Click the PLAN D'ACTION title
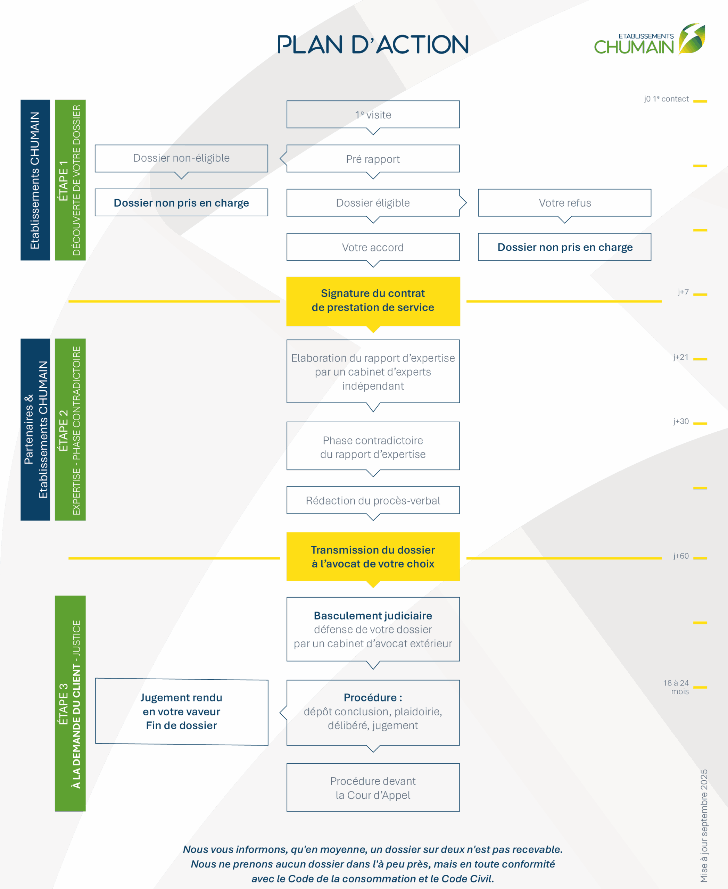coord(372,44)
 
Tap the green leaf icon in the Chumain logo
coord(692,39)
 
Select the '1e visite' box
coord(373,115)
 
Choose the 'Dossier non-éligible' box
coord(181,158)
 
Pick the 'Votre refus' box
coord(564,202)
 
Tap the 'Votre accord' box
coord(373,247)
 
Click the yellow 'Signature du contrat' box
coord(373,301)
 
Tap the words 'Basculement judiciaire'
coord(373,616)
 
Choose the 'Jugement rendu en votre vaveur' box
coord(182,712)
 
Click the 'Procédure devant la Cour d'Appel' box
coord(373,788)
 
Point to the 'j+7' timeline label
coord(683,292)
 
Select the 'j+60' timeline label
coord(681,556)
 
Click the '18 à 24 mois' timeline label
coord(676,687)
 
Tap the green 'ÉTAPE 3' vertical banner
coord(71,704)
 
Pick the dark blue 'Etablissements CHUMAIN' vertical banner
coord(35,180)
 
